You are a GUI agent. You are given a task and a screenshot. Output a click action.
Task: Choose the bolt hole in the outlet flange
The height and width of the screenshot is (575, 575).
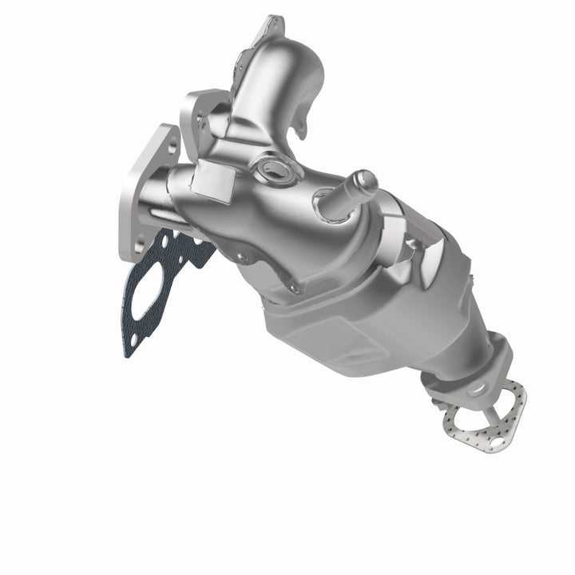(x=478, y=389)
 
